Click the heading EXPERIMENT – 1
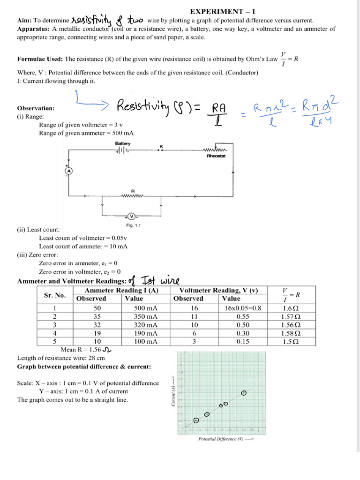pos(223,11)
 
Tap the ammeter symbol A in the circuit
pos(67,172)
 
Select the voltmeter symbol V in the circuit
pos(131,216)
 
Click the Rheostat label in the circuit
pos(216,156)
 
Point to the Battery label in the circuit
pos(123,143)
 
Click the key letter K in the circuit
pos(161,147)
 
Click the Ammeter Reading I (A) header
pos(121,291)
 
